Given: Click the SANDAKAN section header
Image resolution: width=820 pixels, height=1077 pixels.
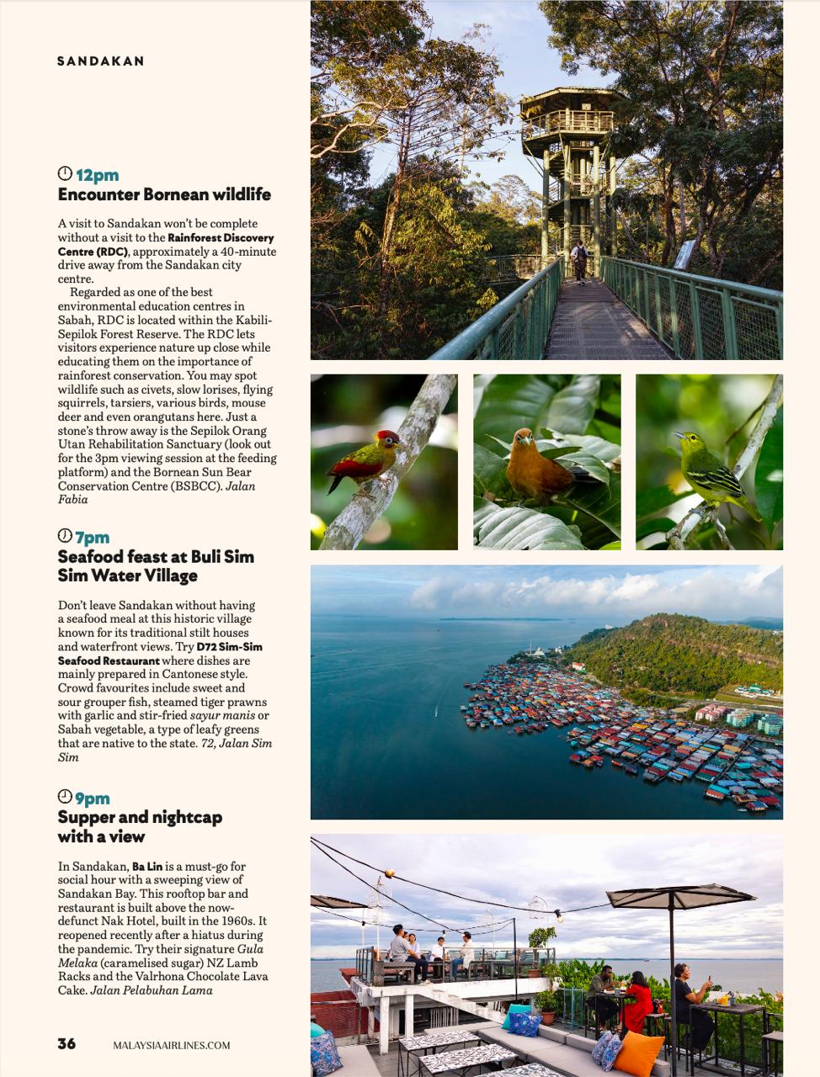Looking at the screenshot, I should tap(100, 61).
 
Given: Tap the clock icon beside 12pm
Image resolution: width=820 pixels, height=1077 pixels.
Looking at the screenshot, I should tap(65, 173).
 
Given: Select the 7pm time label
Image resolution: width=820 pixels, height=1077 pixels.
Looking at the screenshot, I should tap(93, 538).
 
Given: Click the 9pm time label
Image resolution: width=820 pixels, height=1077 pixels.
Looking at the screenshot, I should tap(93, 798).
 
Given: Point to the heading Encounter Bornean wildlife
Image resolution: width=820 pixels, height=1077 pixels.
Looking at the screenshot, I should tap(164, 194).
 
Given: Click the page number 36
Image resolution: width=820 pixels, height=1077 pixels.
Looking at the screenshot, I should tap(67, 1043).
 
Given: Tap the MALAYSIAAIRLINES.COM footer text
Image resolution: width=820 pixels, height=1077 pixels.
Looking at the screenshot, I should tap(172, 1045).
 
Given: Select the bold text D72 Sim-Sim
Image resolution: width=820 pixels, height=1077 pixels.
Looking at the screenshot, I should tap(229, 647).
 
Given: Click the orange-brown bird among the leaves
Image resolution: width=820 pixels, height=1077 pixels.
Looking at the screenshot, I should tap(535, 468).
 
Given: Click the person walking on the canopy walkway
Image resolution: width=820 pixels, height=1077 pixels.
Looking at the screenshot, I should tap(579, 260).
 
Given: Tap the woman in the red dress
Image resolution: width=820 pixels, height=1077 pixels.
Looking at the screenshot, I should tap(637, 1002).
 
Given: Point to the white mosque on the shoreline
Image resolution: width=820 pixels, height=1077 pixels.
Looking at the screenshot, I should tap(535, 651).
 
